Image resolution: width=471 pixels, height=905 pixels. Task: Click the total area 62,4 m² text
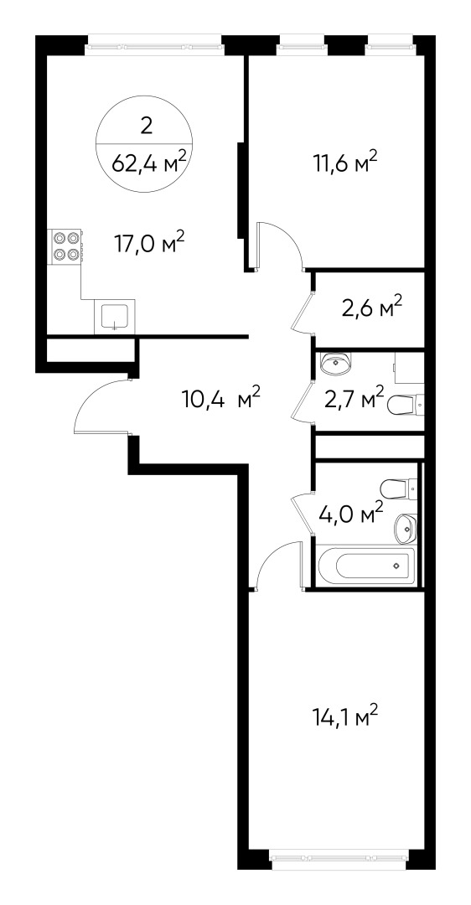(148, 164)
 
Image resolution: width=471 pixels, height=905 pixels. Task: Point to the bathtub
(365, 566)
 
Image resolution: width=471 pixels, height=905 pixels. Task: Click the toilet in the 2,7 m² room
(406, 405)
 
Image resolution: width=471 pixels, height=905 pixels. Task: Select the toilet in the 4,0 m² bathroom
(397, 488)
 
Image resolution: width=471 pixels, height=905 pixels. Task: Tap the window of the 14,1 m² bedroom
(340, 856)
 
